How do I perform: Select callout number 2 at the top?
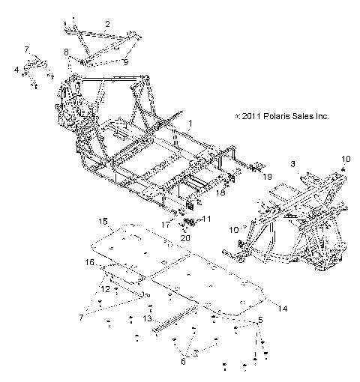tap(108, 24)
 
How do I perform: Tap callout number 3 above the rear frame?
tap(292, 163)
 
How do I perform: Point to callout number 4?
tap(16, 70)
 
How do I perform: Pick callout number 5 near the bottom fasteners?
tap(260, 320)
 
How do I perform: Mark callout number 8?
tap(67, 51)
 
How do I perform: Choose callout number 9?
tap(126, 64)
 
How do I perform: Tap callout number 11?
tap(208, 219)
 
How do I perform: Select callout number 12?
tap(105, 288)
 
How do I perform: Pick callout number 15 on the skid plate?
tap(103, 221)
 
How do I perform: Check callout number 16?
tap(89, 262)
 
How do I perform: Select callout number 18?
tap(220, 192)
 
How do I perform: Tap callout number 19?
tap(245, 177)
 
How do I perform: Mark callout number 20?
tap(186, 237)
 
